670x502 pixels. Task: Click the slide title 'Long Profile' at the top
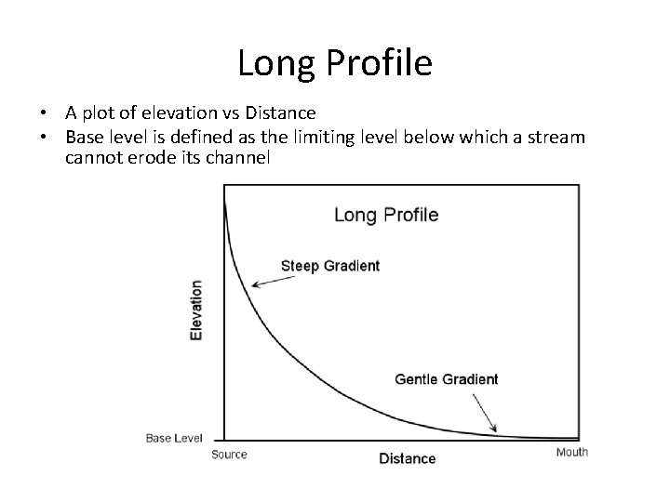(335, 63)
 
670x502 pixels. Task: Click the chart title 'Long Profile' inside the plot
(386, 215)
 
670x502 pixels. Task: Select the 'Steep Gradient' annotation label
(329, 266)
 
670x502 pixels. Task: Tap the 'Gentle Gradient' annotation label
(447, 379)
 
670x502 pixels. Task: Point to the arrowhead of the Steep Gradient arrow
(254, 284)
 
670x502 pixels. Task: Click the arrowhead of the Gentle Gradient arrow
(494, 432)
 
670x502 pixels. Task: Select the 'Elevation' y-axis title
(196, 310)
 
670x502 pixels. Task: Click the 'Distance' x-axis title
(407, 458)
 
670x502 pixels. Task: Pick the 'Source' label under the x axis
(229, 455)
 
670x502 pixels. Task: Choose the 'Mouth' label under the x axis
(571, 453)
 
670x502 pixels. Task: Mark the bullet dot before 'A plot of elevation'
(45, 114)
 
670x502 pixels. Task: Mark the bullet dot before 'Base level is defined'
(45, 139)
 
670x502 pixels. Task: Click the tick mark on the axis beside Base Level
(220, 439)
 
